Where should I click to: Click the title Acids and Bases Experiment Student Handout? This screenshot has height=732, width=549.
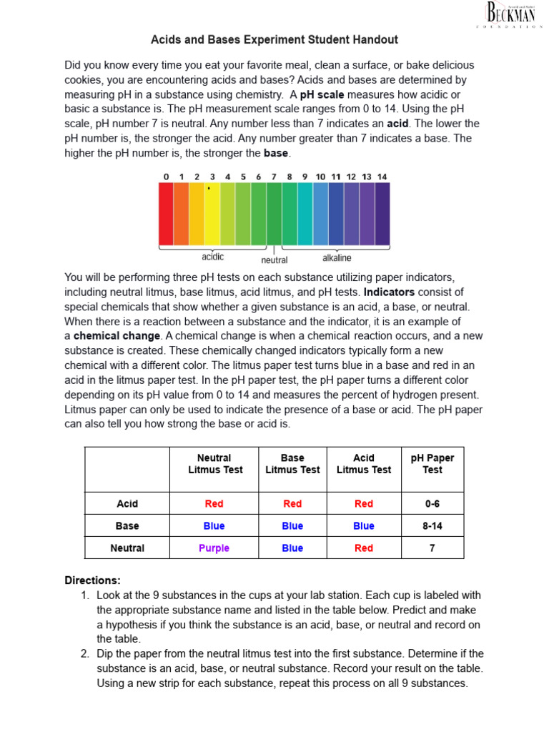[274, 40]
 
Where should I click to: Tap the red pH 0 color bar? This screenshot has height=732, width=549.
[165, 214]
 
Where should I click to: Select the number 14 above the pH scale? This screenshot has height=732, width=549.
[382, 177]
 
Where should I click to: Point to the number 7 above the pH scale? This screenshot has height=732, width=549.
[274, 177]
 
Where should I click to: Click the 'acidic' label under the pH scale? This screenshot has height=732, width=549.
[213, 257]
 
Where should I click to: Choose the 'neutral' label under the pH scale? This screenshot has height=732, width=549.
[274, 260]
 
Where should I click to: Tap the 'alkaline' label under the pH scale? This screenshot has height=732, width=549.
[337, 257]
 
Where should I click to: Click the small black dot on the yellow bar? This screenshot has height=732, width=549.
[208, 189]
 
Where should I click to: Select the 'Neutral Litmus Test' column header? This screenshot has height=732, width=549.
[214, 464]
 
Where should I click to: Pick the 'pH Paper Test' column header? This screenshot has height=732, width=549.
[432, 464]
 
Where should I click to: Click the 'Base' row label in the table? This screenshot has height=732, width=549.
[127, 525]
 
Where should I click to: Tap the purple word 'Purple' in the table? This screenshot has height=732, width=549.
[214, 548]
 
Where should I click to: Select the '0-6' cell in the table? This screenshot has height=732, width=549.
[432, 503]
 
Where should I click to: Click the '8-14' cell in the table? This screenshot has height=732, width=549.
[432, 525]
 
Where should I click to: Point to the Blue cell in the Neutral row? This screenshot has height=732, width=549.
[292, 548]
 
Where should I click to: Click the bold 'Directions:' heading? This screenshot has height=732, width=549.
[93, 580]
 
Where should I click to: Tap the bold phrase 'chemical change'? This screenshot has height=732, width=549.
[117, 335]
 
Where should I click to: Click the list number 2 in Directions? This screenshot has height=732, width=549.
[84, 653]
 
